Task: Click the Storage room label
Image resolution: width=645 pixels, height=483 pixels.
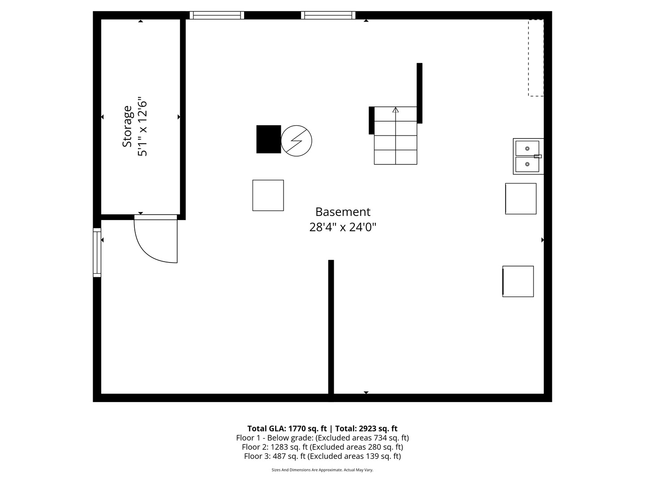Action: click(x=127, y=126)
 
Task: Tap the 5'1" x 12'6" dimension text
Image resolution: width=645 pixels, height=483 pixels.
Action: click(x=142, y=126)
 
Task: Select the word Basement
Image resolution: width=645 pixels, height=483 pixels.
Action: click(x=343, y=212)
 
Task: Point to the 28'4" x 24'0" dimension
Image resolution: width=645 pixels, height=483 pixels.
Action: click(x=343, y=227)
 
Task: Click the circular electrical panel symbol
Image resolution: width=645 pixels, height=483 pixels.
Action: click(x=296, y=141)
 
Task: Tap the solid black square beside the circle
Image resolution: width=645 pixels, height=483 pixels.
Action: click(x=268, y=139)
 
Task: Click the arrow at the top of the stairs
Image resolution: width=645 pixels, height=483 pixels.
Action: click(x=396, y=110)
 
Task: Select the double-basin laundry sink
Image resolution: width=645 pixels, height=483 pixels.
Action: click(x=528, y=156)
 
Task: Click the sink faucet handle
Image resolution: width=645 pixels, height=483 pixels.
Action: click(x=537, y=156)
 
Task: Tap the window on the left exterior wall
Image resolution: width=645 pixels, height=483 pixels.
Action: click(x=97, y=252)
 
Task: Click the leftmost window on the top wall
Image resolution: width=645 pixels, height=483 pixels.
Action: click(x=217, y=15)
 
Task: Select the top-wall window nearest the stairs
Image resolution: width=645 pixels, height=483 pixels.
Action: click(x=328, y=15)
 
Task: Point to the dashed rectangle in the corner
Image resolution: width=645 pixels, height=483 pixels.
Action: click(x=536, y=58)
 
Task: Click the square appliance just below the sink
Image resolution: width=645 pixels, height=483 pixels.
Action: click(x=520, y=199)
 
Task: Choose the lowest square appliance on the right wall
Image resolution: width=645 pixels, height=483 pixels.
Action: click(x=518, y=281)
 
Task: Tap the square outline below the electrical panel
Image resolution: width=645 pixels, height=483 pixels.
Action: click(x=268, y=195)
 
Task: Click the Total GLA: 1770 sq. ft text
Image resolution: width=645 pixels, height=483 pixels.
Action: click(x=287, y=428)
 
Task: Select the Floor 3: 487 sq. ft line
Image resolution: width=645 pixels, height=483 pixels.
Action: click(x=322, y=456)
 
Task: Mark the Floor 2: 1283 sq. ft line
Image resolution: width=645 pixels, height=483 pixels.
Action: click(x=322, y=447)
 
